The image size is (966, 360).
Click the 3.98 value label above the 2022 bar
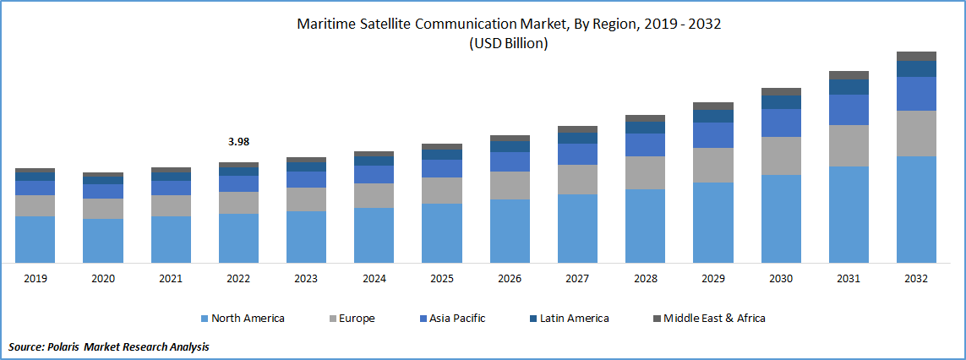click(238, 142)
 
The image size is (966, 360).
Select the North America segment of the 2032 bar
click(916, 210)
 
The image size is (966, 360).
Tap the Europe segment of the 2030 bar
click(781, 155)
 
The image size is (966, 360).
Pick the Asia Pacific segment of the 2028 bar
click(645, 145)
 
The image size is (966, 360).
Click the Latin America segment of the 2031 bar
click(849, 87)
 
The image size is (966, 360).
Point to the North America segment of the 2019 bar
click(35, 239)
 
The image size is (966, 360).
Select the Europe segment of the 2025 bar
click(442, 190)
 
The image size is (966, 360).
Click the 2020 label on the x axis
click(102, 278)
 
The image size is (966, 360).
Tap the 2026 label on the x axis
click(510, 278)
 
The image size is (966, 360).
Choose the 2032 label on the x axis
click(916, 278)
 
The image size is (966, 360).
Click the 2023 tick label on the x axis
click(306, 278)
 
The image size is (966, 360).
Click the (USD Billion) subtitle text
click(508, 44)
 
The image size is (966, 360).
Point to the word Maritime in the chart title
click(324, 25)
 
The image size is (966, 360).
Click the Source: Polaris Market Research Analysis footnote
click(108, 346)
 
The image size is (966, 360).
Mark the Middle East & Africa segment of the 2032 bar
click(916, 56)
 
